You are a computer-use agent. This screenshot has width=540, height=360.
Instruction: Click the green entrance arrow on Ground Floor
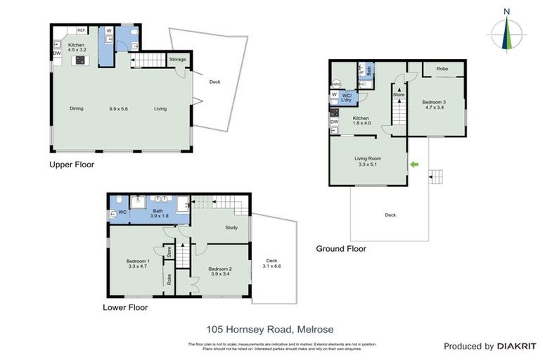[x=414, y=165]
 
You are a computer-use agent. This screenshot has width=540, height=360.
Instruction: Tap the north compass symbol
[x=506, y=32]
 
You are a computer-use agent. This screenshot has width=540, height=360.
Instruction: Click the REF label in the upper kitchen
[x=82, y=31]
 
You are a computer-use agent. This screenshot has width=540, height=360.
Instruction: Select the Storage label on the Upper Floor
[x=177, y=60]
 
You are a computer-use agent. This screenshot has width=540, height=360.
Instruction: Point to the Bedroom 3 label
[x=434, y=103]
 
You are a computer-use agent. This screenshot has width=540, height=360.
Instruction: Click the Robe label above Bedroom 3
[x=442, y=69]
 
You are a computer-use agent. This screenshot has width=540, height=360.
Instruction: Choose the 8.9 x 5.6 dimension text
[x=120, y=109]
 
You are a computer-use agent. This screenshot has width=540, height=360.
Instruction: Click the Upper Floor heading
[x=71, y=165]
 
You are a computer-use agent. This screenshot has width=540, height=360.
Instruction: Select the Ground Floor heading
[x=341, y=248]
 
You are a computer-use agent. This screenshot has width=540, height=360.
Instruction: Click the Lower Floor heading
[x=125, y=307]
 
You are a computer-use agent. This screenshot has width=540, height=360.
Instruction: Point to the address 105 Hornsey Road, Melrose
[x=269, y=329]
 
